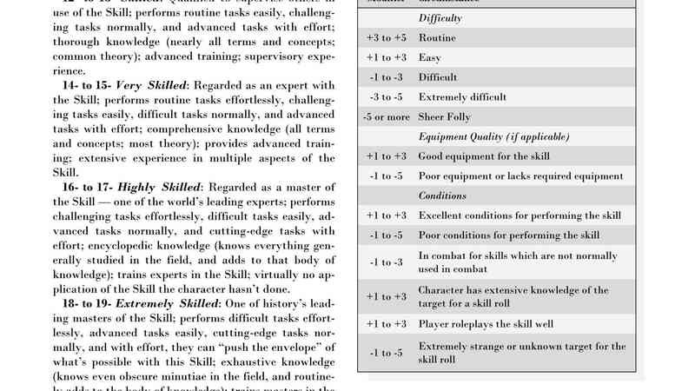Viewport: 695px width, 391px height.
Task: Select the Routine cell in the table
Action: pos(438,38)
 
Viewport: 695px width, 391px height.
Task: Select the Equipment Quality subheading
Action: pos(493,136)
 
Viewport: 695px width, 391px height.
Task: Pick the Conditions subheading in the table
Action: pos(443,195)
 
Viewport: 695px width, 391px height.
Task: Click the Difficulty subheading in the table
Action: pos(441,18)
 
